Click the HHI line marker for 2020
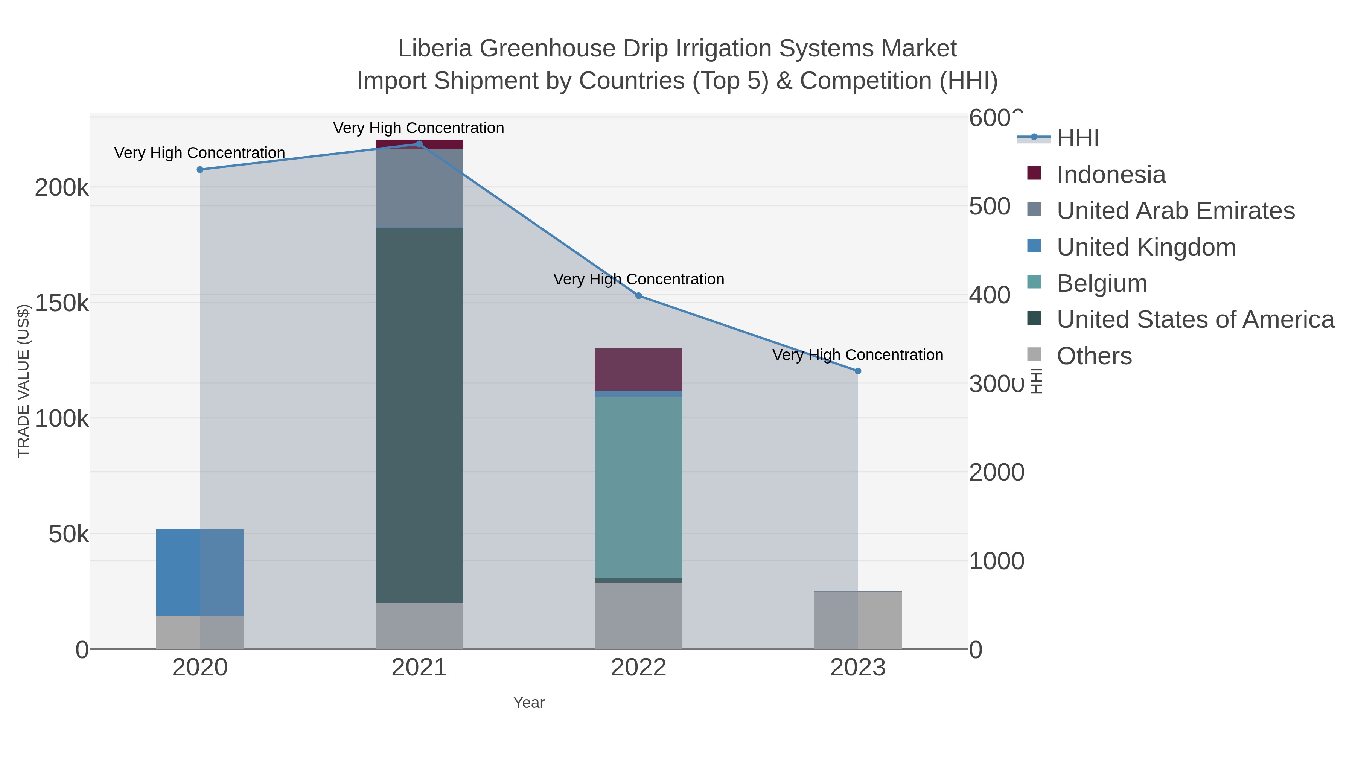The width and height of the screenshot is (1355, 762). tap(200, 169)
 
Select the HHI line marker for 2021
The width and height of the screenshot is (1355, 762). tap(419, 144)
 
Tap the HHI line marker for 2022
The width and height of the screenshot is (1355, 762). tap(639, 295)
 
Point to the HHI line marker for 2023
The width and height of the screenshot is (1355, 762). tap(858, 371)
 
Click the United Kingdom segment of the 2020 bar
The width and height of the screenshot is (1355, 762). tap(200, 572)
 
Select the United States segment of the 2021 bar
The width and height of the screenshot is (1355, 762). tap(419, 415)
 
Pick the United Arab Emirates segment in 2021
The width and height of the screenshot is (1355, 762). tap(419, 188)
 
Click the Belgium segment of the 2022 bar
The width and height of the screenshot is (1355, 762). tap(639, 487)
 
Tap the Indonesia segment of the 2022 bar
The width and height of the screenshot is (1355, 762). tap(639, 369)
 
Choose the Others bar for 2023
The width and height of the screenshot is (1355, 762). tap(858, 621)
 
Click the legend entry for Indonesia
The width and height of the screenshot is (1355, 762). tap(1111, 175)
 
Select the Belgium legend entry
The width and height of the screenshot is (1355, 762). tap(1102, 283)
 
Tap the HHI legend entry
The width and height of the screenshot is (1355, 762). tap(1078, 138)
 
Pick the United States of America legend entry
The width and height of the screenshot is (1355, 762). tap(1195, 320)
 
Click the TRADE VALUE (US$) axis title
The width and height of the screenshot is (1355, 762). tap(24, 381)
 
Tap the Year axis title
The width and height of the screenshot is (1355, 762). tap(529, 703)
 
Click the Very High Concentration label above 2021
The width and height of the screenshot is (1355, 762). tap(419, 128)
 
